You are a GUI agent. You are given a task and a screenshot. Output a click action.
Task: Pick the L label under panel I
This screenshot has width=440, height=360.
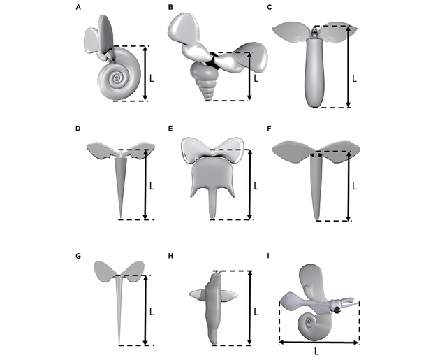318,351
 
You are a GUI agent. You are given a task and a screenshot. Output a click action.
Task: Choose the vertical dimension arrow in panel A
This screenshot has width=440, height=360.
146,73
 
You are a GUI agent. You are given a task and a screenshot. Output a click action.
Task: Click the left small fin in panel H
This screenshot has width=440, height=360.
198,296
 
